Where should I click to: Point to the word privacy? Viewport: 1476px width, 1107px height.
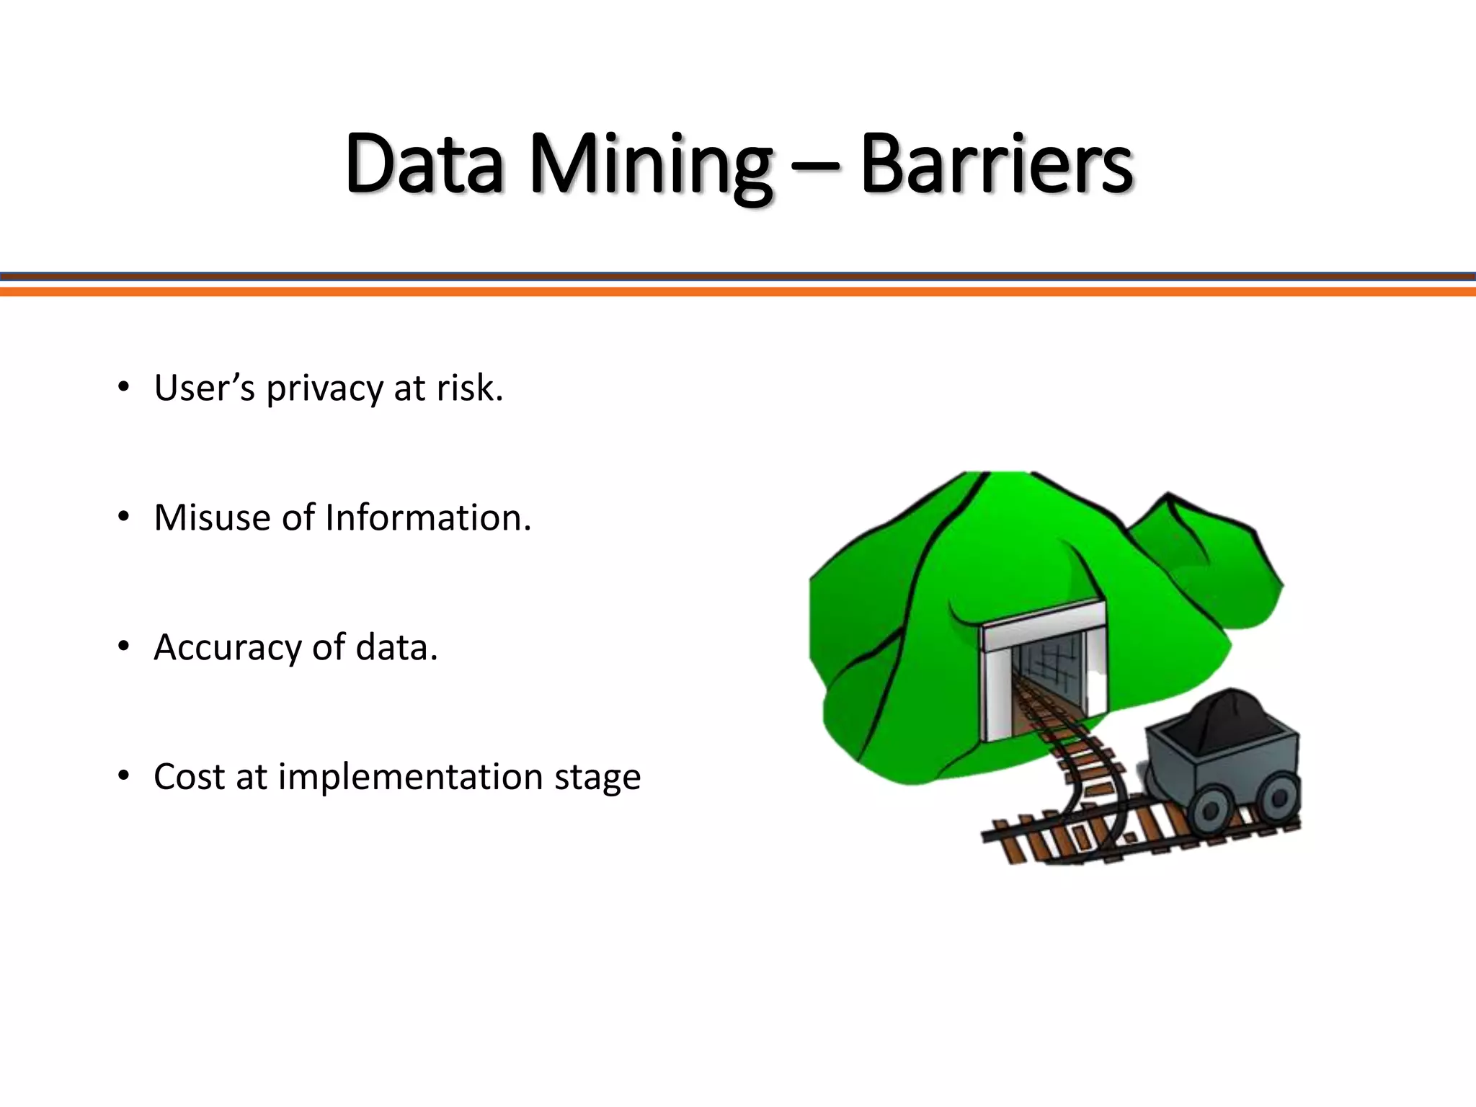tap(324, 390)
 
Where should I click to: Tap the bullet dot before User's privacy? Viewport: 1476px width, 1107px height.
tap(124, 388)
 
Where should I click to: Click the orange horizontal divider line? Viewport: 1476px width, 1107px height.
tap(738, 291)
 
